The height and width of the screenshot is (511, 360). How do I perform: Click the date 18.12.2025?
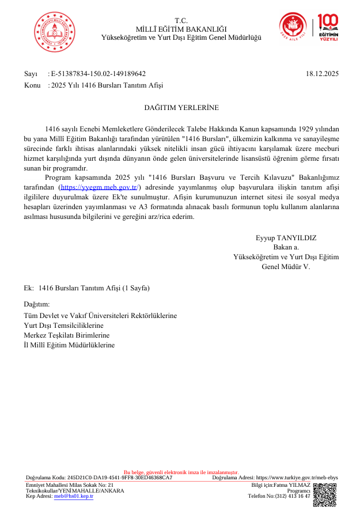coord(323,74)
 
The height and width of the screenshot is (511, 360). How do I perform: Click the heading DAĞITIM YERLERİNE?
coord(181,107)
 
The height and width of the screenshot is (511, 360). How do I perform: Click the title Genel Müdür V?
coord(286,267)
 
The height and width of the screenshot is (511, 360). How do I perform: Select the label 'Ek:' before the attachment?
coord(28,287)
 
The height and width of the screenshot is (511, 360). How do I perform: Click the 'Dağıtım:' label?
coord(36,304)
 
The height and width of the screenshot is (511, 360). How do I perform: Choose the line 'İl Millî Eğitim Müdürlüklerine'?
coord(69,345)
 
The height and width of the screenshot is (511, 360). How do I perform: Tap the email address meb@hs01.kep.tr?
coord(73,495)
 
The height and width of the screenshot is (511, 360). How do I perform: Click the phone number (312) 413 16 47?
coord(293,495)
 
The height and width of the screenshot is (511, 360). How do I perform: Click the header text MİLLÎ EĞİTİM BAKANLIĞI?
coord(181,29)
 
